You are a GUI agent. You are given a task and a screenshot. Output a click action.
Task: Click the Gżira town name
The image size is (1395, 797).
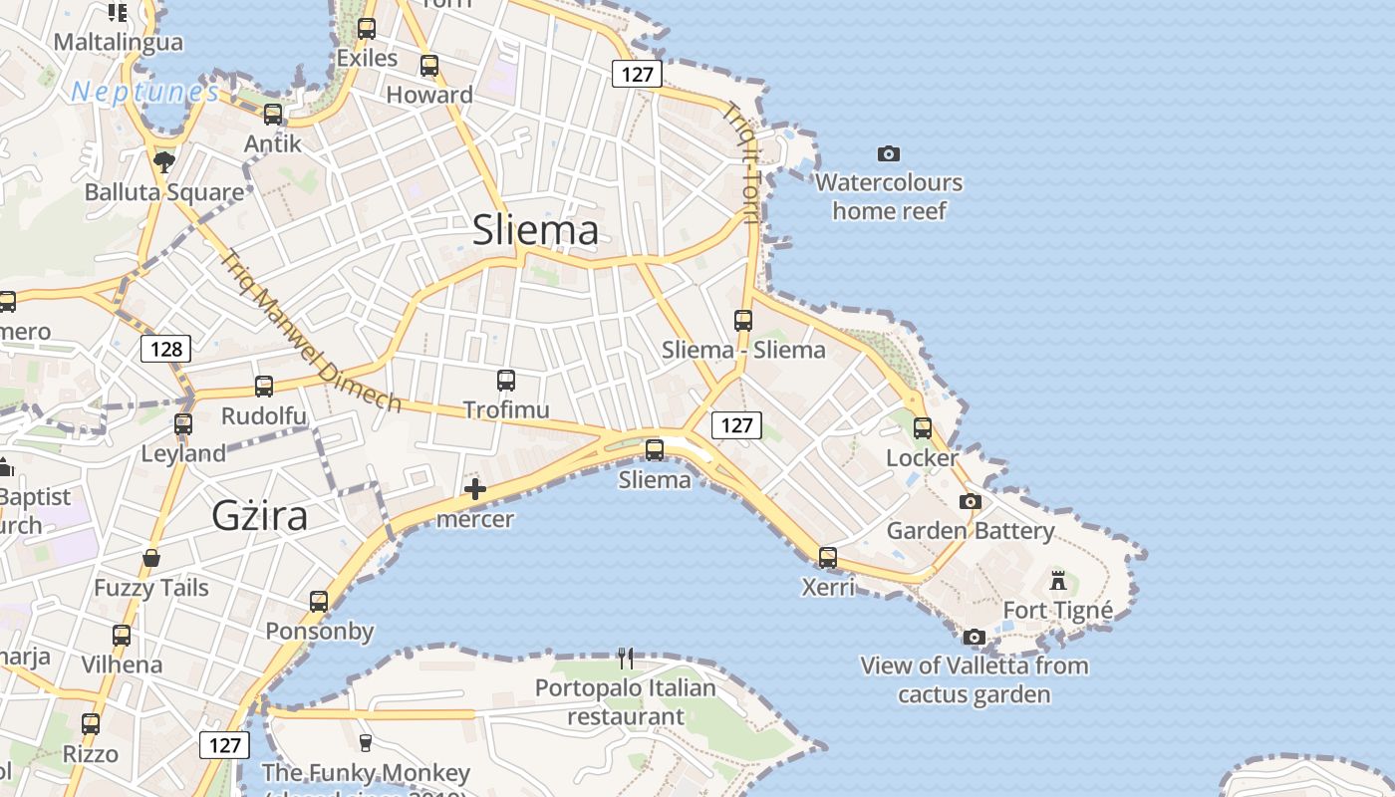click(x=260, y=515)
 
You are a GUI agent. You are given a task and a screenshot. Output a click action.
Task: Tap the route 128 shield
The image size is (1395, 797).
click(x=165, y=349)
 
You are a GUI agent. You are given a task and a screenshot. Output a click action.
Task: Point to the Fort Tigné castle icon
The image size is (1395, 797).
click(x=1058, y=579)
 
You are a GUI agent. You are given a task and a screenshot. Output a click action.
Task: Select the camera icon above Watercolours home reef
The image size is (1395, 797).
click(x=889, y=153)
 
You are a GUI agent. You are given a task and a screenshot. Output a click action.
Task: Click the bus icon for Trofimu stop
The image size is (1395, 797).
click(x=506, y=380)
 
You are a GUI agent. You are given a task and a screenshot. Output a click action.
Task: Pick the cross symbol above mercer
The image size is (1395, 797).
click(x=475, y=488)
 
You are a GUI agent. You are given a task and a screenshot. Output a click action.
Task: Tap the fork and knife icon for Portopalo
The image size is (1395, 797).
click(x=625, y=658)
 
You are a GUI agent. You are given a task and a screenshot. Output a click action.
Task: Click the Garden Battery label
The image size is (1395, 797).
click(x=970, y=530)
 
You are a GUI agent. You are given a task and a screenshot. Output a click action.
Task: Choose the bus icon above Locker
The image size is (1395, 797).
click(x=923, y=428)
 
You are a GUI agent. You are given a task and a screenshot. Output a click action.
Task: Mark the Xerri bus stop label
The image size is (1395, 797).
click(x=828, y=587)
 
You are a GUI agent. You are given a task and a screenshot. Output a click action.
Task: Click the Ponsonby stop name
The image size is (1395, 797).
click(x=319, y=631)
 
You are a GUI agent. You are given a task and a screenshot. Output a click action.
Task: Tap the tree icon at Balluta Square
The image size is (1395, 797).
click(x=164, y=161)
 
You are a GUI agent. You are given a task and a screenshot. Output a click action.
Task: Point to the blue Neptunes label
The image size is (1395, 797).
click(x=145, y=93)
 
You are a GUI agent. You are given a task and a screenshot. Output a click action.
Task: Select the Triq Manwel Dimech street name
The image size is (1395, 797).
click(x=310, y=332)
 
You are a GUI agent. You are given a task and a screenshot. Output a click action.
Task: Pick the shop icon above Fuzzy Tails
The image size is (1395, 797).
click(x=151, y=558)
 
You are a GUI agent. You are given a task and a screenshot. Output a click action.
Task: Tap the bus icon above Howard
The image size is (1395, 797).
click(x=429, y=66)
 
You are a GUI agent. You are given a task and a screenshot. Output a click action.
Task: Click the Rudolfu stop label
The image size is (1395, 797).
click(x=264, y=415)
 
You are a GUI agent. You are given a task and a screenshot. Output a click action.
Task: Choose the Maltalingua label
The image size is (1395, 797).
click(x=119, y=42)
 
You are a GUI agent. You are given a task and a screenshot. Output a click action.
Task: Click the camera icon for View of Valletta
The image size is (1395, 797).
click(x=975, y=637)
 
